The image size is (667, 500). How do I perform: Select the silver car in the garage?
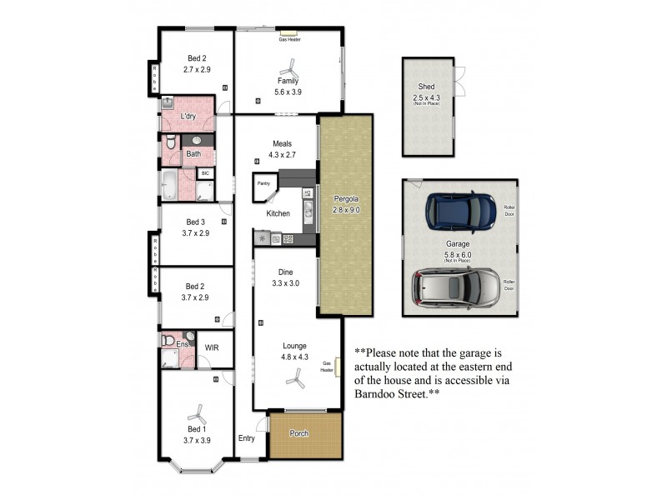[x=455, y=287]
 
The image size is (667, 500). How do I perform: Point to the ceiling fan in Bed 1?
[x=198, y=412]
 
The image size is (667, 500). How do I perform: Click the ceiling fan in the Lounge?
[x=293, y=379]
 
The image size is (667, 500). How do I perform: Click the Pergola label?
[x=345, y=199]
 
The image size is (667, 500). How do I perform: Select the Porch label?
[x=298, y=434]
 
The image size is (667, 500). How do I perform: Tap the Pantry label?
[x=264, y=182]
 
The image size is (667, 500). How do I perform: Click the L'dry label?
[x=188, y=116]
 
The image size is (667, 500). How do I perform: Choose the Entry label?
[x=247, y=438]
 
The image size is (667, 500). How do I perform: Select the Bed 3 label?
[x=195, y=222]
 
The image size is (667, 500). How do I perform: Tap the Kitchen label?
[x=278, y=213]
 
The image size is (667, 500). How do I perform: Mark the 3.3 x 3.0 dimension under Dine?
[x=284, y=283]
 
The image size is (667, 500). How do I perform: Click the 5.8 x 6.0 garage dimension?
[x=457, y=254]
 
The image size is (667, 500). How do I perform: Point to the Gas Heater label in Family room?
[x=288, y=38]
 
